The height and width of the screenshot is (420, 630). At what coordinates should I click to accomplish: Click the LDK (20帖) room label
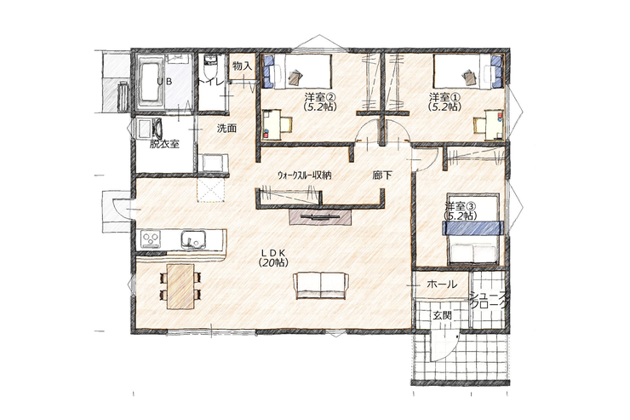272,257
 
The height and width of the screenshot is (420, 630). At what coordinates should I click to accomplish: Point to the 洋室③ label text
461,206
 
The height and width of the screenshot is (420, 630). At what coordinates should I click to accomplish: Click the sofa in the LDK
321,285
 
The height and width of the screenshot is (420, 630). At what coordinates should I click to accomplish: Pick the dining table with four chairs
180,286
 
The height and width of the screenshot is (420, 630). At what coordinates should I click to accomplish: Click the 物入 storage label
243,66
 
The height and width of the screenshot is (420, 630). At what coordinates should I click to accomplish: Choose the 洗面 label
226,129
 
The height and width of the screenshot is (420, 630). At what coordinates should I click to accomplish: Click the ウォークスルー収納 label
306,175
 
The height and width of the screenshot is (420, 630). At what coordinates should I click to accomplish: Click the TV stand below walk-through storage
321,216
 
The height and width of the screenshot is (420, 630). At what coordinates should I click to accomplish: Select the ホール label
442,285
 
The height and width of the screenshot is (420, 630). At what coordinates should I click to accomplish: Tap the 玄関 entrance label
442,315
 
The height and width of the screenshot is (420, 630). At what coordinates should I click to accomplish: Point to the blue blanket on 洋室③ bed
473,227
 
